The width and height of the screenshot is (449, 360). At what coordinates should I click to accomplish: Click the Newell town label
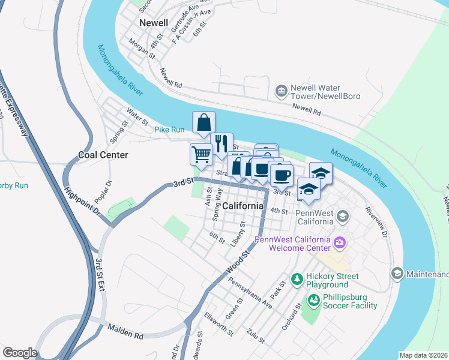coord(153,22)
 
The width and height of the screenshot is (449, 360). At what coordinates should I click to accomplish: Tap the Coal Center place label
coord(103,155)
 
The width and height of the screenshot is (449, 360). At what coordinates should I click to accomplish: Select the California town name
coord(243,206)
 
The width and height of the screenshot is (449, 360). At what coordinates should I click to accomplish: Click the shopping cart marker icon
coord(201,154)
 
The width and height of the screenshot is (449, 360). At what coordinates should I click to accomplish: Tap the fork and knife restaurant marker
coord(223,143)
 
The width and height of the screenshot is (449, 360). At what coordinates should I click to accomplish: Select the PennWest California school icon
coord(342,215)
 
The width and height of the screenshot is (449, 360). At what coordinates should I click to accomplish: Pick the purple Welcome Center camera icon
coord(340,243)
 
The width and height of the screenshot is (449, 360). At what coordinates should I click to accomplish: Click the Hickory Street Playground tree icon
coord(296,280)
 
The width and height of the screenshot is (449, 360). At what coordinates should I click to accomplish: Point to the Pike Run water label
coord(169,130)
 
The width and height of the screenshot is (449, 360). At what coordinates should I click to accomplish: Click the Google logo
coord(19,353)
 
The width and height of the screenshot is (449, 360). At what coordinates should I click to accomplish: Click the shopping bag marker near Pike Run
coord(203,122)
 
